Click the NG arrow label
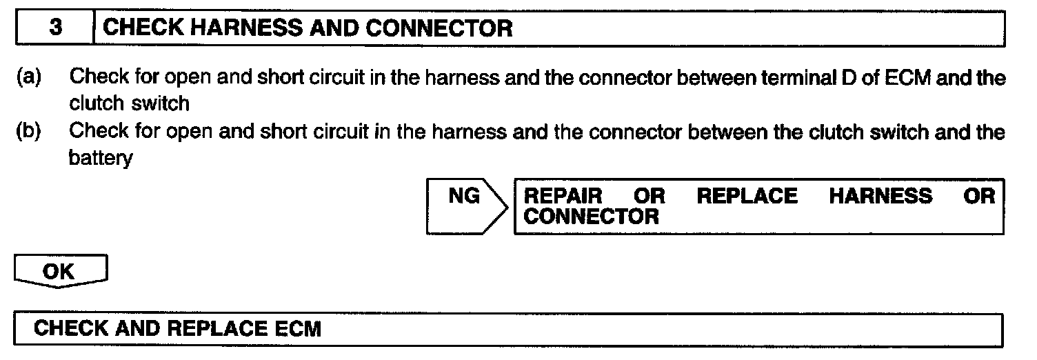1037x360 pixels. click(x=464, y=197)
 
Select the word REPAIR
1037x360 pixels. click(x=563, y=197)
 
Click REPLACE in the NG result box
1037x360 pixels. click(x=747, y=197)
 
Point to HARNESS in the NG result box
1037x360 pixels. click(x=880, y=197)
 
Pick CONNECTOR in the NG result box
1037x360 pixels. click(x=592, y=217)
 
